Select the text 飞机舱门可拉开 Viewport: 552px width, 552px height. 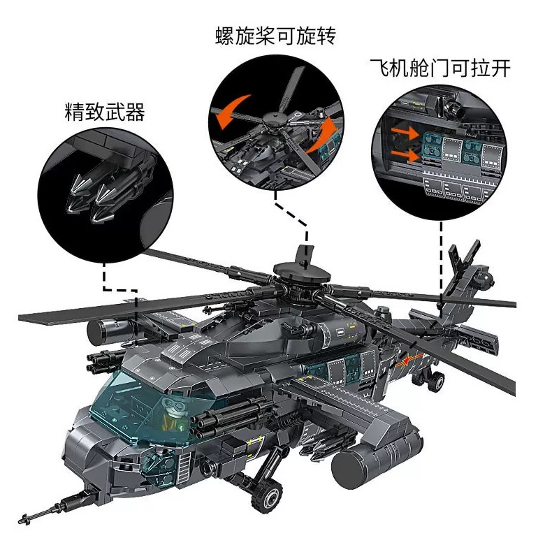pos(440,68)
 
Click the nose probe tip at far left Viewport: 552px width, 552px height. pos(27,518)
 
